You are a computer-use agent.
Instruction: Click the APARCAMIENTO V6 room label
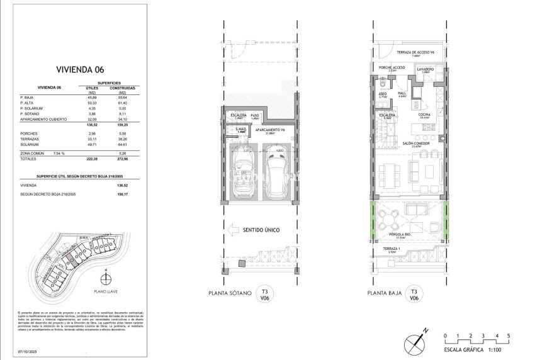(x=271, y=130)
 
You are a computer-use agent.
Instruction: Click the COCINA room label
(x=424, y=116)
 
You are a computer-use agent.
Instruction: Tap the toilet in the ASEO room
(x=383, y=83)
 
